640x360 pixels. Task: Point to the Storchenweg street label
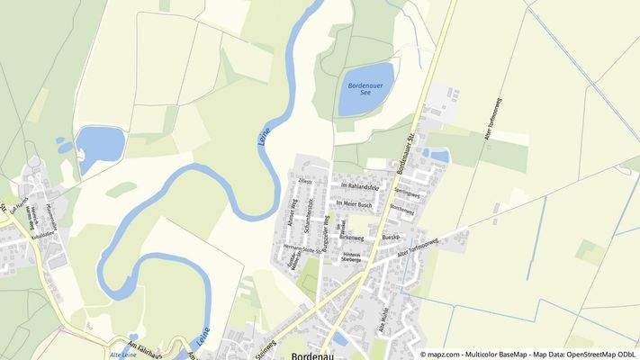(x=402, y=211)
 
